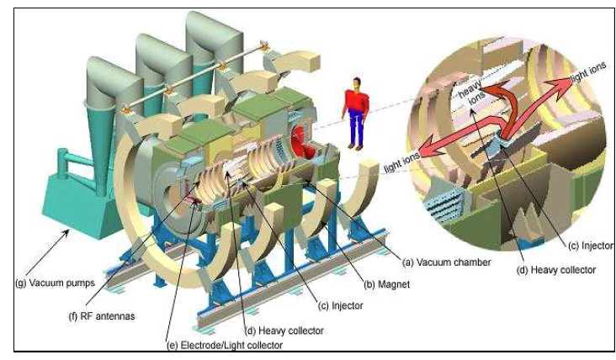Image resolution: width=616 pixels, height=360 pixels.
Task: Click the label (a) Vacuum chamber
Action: click(445, 262)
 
